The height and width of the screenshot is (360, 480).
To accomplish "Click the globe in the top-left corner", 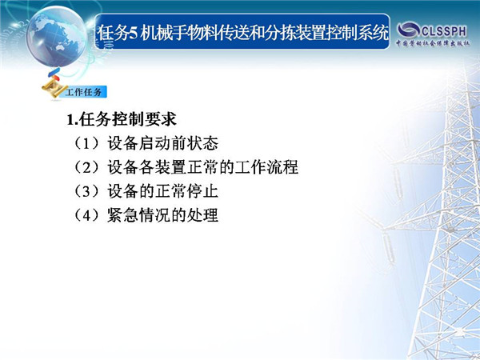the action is pyautogui.click(x=57, y=36).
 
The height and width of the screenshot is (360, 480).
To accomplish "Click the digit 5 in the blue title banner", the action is pyautogui.click(x=132, y=33).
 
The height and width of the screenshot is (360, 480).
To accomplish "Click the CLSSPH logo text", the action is pyautogui.click(x=445, y=31).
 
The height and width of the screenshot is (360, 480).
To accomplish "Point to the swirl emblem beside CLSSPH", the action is pyautogui.click(x=409, y=30).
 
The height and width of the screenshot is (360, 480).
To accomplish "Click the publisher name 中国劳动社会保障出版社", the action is pyautogui.click(x=433, y=43).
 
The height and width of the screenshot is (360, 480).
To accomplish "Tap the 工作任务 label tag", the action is pyautogui.click(x=83, y=92).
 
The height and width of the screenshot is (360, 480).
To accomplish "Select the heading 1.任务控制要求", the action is pyautogui.click(x=122, y=119).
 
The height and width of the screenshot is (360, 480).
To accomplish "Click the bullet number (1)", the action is pyautogui.click(x=86, y=143).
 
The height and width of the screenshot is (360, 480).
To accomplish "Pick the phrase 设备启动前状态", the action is pyautogui.click(x=163, y=143).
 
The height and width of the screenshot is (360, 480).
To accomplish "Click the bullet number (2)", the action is pyautogui.click(x=86, y=167).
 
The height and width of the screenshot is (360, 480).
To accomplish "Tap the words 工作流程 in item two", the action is pyautogui.click(x=266, y=167).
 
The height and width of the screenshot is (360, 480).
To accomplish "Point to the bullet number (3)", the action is pyautogui.click(x=86, y=191).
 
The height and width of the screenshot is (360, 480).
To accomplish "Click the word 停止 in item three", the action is pyautogui.click(x=202, y=191).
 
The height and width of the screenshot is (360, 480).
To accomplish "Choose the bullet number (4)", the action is pyautogui.click(x=86, y=215).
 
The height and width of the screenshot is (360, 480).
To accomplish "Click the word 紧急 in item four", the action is pyautogui.click(x=123, y=215).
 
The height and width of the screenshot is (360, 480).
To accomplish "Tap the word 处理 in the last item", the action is pyautogui.click(x=202, y=215).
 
